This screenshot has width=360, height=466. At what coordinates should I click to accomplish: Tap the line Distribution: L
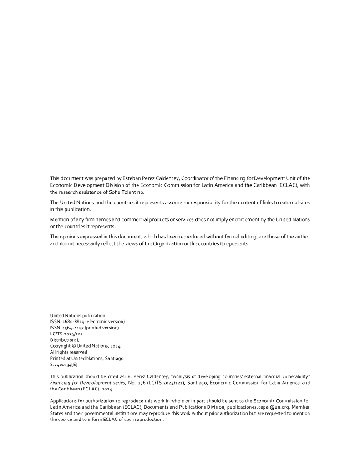pyautogui.click(x=65, y=339)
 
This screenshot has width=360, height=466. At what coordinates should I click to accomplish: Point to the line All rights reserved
pyautogui.click(x=68, y=352)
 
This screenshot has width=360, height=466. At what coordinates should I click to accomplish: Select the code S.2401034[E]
pyautogui.click(x=64, y=364)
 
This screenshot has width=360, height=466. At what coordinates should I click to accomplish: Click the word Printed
pyautogui.click(x=57, y=358)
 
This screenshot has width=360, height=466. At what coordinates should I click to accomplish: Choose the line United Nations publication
pyautogui.click(x=77, y=315)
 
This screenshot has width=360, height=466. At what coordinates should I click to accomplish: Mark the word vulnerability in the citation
pyautogui.click(x=290, y=376)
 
